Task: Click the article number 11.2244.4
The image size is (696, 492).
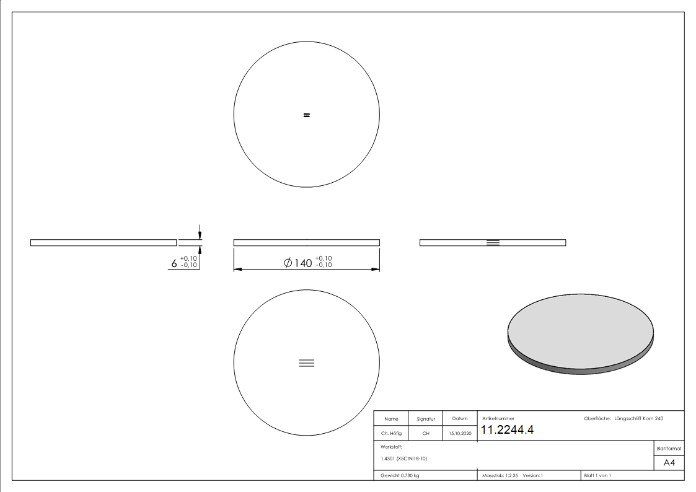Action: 507,430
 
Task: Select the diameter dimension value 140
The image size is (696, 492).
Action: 303,263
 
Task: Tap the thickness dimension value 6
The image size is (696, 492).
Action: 174,264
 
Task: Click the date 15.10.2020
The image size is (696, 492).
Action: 459,434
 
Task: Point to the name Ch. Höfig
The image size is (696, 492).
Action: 391,434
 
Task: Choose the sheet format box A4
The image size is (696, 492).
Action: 669,463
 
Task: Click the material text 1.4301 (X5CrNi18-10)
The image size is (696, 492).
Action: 403,459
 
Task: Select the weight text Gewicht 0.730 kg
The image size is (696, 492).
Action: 400,475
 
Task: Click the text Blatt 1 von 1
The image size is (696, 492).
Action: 597,475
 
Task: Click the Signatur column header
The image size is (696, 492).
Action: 426,419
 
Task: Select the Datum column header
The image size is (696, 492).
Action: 459,419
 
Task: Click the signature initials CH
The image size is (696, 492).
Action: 426,434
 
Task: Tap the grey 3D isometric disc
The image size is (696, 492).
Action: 580,335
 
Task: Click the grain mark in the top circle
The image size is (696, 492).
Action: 306,115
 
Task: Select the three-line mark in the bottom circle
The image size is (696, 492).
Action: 306,363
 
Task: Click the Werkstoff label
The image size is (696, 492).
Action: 391,446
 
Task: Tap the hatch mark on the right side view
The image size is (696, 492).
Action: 493,242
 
